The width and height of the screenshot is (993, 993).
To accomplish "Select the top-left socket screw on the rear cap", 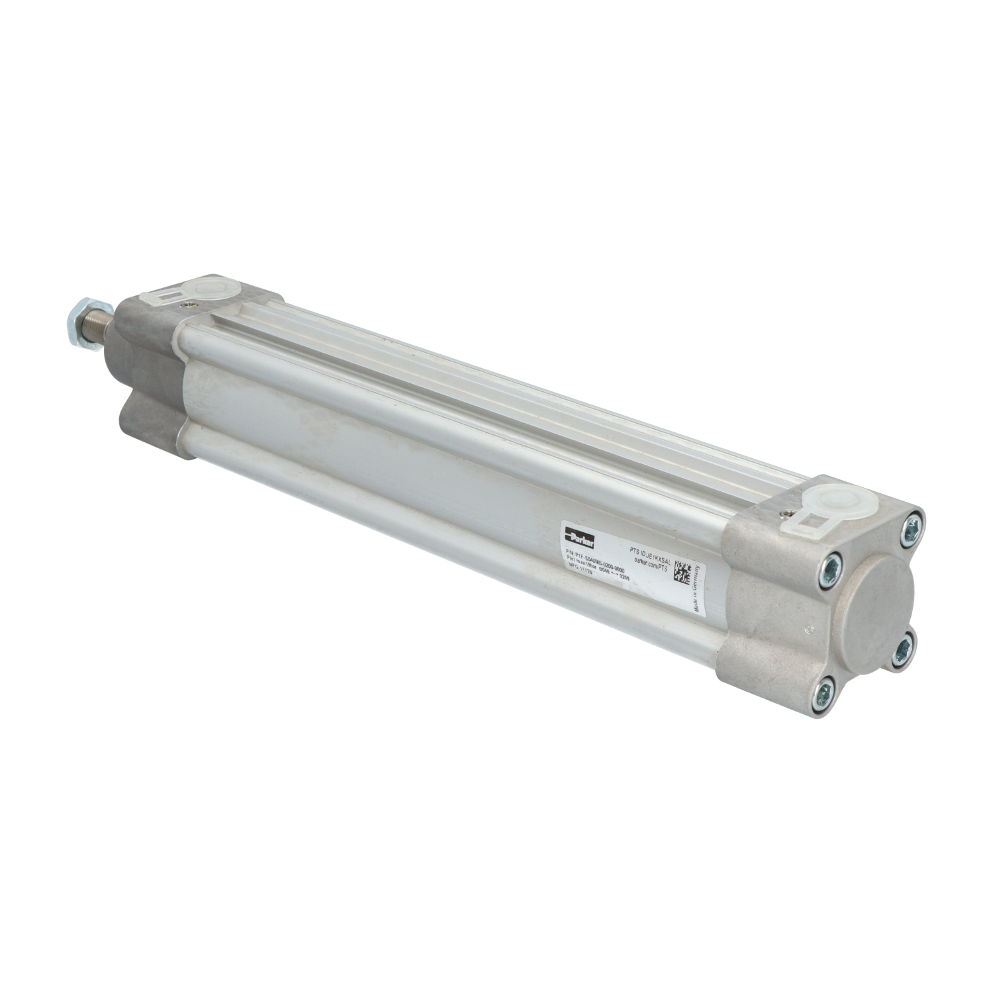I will [x=831, y=567].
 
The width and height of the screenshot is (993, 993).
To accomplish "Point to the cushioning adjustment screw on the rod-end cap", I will [x=191, y=305].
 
